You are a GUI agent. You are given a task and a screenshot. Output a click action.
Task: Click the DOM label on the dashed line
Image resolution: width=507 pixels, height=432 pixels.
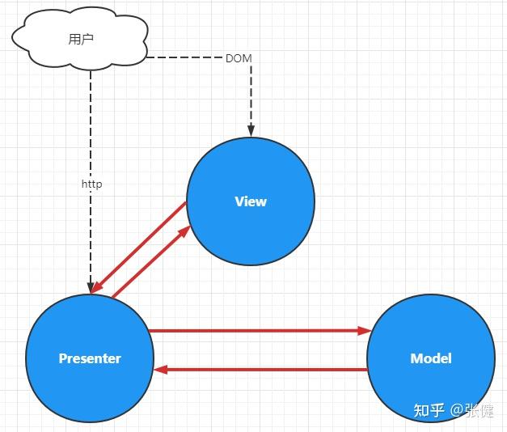[238, 58]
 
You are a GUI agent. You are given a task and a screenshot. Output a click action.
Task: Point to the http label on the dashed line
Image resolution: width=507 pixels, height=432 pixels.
[91, 184]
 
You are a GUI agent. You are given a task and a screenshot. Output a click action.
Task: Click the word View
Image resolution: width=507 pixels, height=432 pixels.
[250, 201]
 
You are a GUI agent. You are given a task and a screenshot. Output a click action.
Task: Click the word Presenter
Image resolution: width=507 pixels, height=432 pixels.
[89, 358]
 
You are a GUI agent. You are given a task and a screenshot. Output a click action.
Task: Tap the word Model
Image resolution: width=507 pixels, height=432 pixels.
[430, 358]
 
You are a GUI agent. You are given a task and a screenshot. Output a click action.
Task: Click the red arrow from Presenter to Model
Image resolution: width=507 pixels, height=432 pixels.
[259, 331]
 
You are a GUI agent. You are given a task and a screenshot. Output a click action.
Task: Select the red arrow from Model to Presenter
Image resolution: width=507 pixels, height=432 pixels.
[259, 370]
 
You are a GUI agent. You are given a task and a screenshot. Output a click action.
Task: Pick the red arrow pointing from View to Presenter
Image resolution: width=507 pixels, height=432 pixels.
[137, 247]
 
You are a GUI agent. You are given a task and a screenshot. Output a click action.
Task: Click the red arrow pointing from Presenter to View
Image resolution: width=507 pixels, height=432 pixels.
[154, 261]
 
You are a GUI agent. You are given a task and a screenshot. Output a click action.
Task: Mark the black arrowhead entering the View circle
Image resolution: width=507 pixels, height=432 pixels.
[251, 131]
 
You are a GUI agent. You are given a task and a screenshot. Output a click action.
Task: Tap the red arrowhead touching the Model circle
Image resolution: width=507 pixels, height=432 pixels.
[365, 331]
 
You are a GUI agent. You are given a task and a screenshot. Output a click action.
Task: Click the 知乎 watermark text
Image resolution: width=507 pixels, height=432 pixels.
[428, 410]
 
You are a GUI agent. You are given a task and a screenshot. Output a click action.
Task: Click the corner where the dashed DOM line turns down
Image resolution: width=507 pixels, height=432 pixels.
[251, 57]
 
